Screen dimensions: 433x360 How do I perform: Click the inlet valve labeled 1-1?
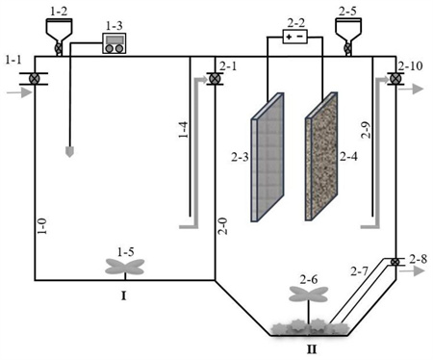34,79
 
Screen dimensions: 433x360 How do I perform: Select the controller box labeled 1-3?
115,43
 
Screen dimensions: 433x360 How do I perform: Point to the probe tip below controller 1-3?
69,152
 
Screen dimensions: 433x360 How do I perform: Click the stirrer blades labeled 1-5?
125,267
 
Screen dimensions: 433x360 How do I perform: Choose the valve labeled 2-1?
213,78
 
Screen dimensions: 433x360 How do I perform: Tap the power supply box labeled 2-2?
294,37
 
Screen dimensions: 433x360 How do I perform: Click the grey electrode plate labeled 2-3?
267,157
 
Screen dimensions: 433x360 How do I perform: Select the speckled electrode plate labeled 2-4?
321,156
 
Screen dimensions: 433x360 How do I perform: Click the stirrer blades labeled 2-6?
309,295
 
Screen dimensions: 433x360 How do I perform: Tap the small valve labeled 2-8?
395,262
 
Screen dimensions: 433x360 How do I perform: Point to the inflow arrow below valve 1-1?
19,92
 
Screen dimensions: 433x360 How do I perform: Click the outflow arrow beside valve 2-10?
411,89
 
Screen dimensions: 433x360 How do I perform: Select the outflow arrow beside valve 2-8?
411,271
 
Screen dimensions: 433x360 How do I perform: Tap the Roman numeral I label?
124,296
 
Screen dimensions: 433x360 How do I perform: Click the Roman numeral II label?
312,349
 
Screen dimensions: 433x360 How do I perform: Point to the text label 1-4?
184,130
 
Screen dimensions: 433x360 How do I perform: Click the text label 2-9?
367,130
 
